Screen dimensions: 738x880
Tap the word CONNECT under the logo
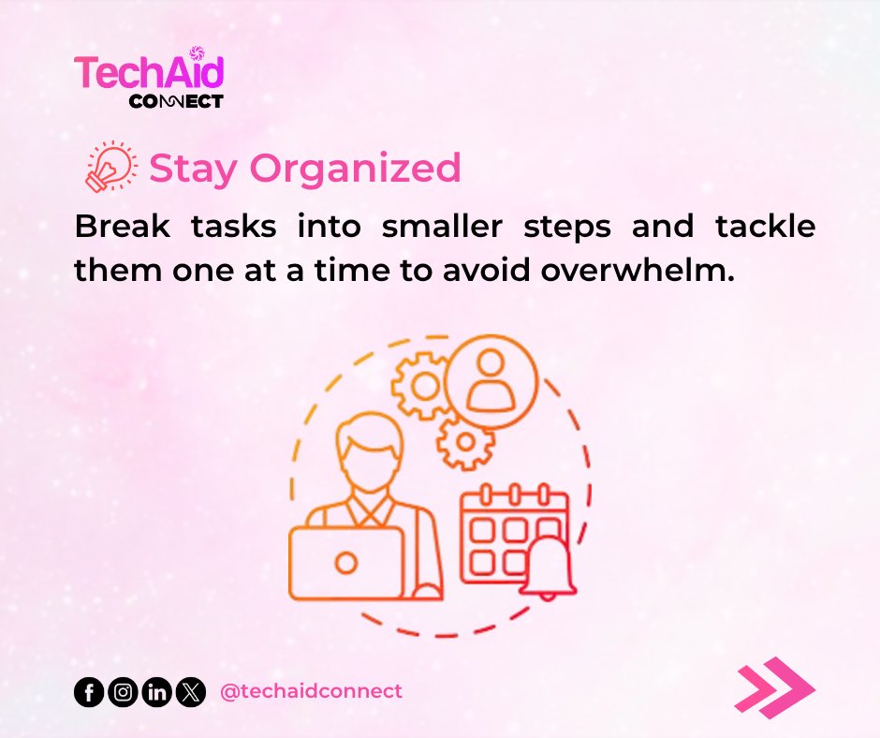pos(177,100)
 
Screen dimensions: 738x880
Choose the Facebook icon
pos(88,693)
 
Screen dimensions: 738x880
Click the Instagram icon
pos(122,693)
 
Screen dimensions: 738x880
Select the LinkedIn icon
pos(156,693)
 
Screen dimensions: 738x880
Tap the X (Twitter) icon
pos(190,693)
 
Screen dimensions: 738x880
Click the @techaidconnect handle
pos(310,691)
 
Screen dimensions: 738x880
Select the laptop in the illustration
pos(345,562)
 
